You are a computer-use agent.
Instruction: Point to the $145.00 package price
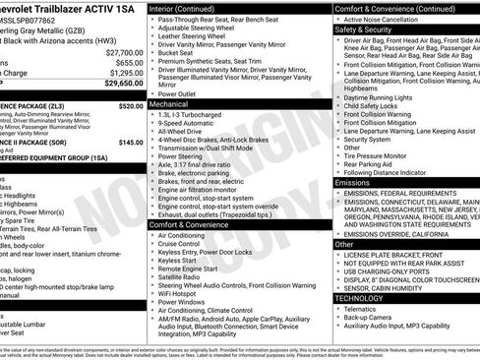130,142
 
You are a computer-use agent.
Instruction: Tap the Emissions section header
352,182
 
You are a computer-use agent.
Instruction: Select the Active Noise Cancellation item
390,19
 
